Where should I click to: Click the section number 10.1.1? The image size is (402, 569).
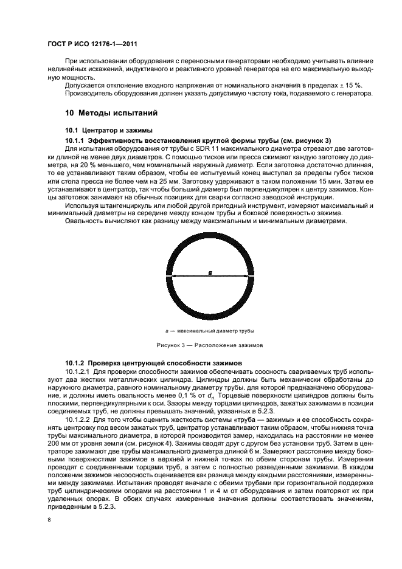(76, 140)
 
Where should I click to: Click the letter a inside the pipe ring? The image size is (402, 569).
(210, 273)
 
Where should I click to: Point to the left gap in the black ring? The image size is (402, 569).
(170, 277)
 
